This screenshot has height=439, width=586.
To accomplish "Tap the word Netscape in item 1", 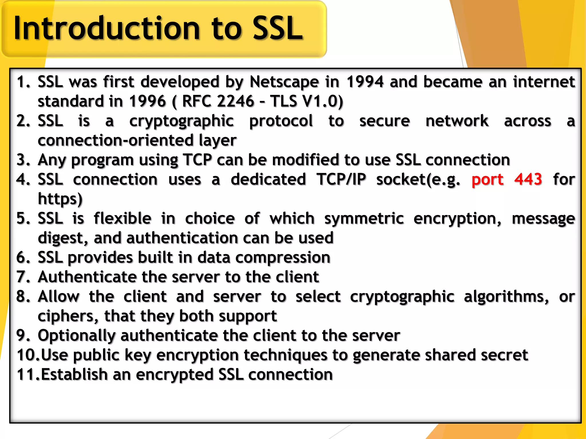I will pyautogui.click(x=284, y=82).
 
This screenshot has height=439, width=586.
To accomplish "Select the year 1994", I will pyautogui.click(x=365, y=82).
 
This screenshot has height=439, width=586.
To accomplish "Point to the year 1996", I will pyautogui.click(x=147, y=101).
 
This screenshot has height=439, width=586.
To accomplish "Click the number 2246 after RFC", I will pyautogui.click(x=235, y=101).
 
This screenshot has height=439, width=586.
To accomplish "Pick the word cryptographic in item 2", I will pyautogui.click(x=181, y=121).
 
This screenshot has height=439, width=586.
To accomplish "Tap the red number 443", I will pyautogui.click(x=528, y=179).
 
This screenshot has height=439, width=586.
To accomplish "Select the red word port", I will pyautogui.click(x=487, y=179).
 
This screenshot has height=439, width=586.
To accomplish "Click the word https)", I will pyautogui.click(x=60, y=199).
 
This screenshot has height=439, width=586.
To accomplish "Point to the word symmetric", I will pyautogui.click(x=364, y=219).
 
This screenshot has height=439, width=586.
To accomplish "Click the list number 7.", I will pyautogui.click(x=23, y=277).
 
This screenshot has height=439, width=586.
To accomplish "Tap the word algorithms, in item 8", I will pyautogui.click(x=506, y=297).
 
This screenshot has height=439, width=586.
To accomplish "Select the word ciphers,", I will pyautogui.click(x=68, y=316).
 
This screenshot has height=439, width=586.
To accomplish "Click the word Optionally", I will pyautogui.click(x=76, y=336).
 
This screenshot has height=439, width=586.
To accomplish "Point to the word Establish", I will pyautogui.click(x=74, y=375).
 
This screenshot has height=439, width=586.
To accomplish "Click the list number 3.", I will pyautogui.click(x=23, y=160).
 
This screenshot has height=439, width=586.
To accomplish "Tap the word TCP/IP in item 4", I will pyautogui.click(x=341, y=179).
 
